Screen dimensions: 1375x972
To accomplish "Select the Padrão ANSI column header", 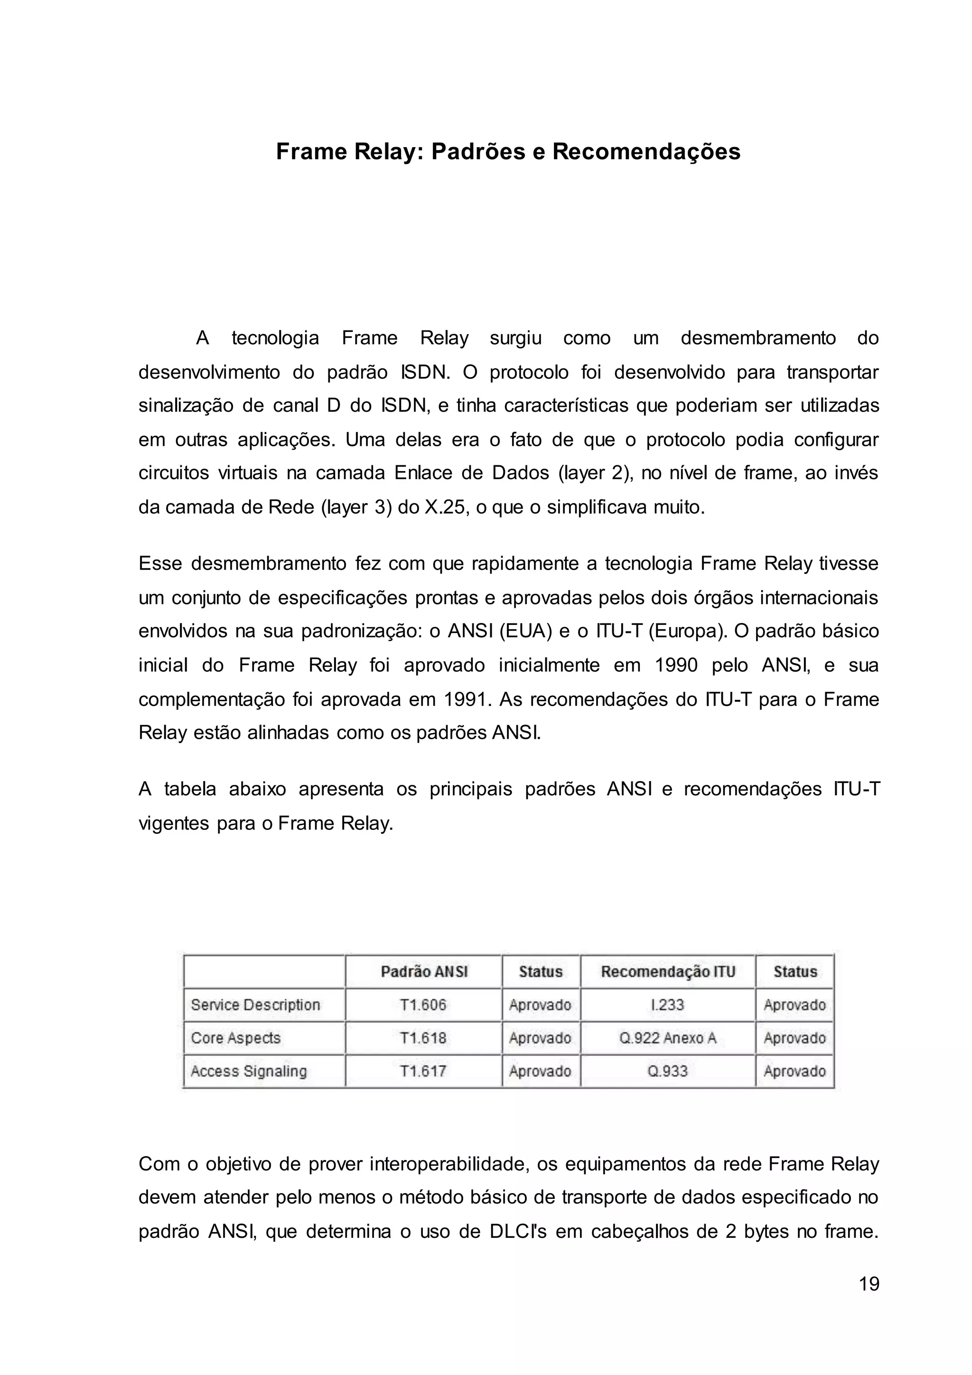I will pos(424,971).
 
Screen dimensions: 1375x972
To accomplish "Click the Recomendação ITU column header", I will pos(667,971).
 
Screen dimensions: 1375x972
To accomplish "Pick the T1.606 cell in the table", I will pos(423,1005).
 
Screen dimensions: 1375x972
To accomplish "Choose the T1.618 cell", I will pos(423,1038).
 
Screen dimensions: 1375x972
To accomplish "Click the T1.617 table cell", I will pos(423,1071).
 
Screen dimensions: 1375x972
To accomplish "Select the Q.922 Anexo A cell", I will pos(667,1038).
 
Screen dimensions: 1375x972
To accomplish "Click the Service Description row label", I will pos(255,1005).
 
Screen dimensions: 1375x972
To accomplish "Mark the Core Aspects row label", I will pos(236,1038).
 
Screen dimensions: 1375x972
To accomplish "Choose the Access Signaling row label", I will pos(248,1071).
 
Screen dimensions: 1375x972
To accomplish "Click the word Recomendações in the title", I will pos(646,151).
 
